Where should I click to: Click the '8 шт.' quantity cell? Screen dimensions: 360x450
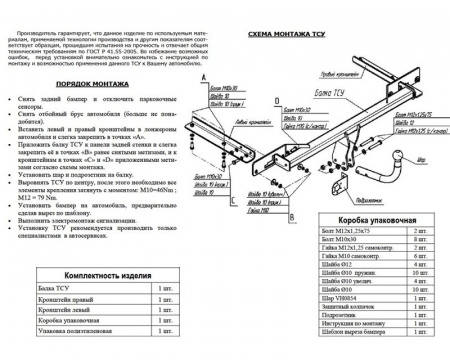coord(420,239)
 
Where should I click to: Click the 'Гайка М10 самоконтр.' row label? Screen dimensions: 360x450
coord(356,257)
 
